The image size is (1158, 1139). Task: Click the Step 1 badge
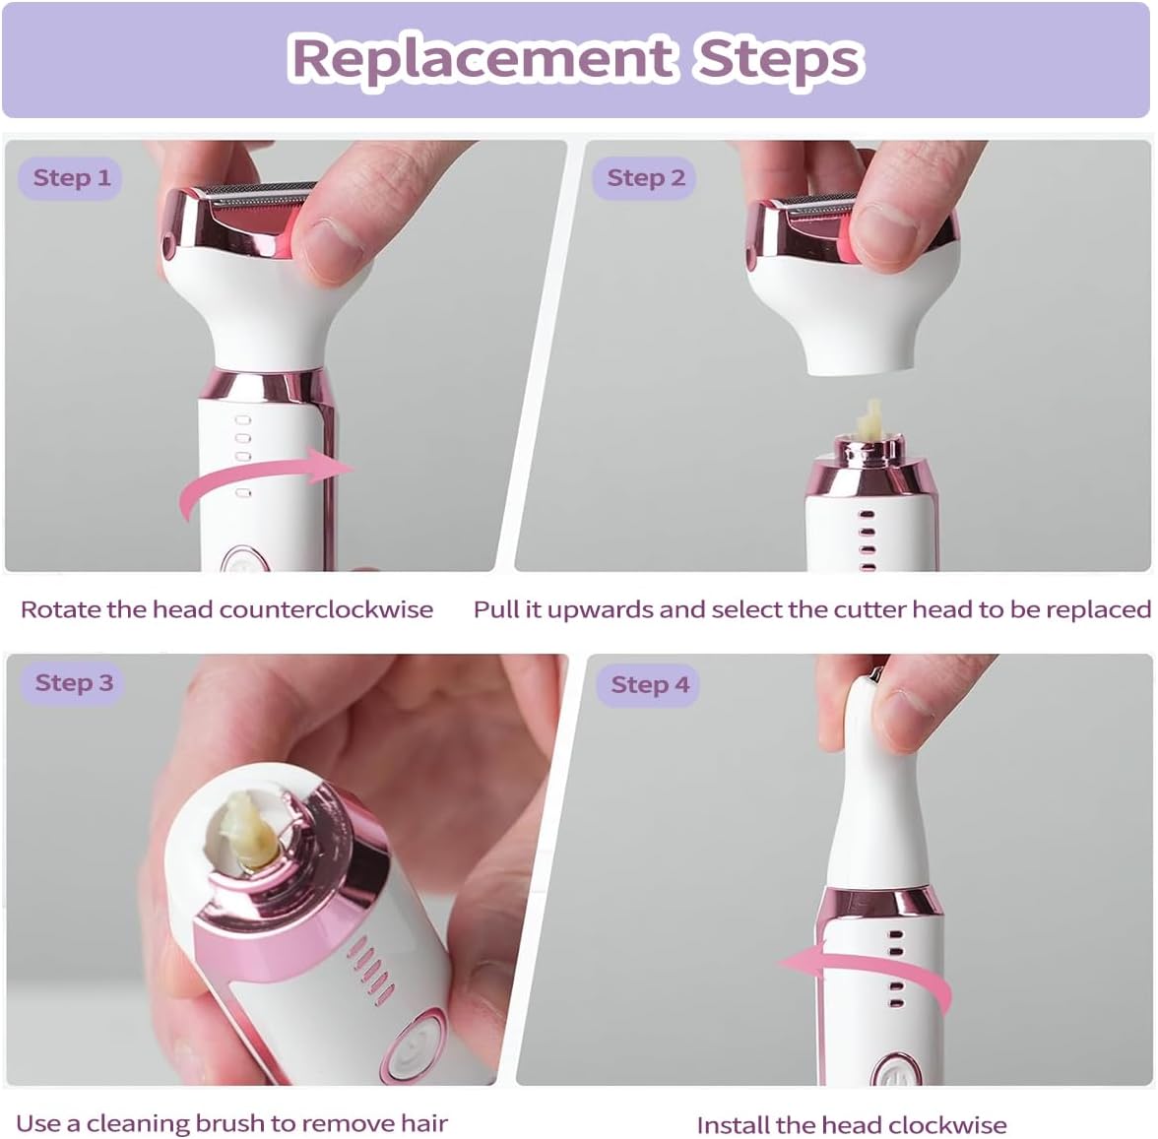coord(71,178)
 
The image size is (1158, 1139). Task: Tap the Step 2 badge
coord(646,178)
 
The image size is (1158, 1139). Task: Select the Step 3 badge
coord(74,683)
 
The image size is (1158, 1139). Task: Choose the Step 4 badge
coord(649,684)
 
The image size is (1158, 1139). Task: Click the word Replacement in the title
coord(482,57)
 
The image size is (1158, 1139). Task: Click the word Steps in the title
coord(779,59)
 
